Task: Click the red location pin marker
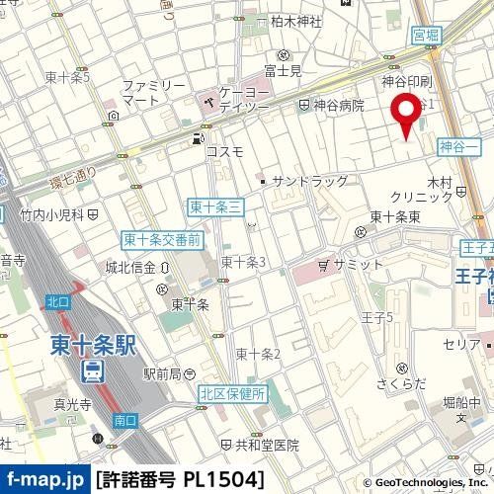pos(404,115)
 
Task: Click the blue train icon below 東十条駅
pos(91,370)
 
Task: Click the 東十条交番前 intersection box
pos(163,239)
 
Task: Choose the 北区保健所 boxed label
pos(231,393)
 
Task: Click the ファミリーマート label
pos(154,93)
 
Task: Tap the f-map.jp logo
pos(44,479)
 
